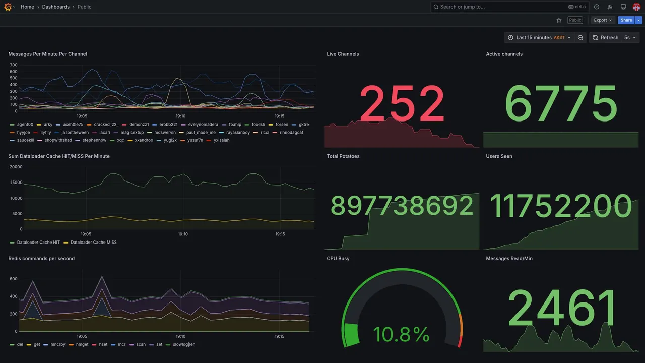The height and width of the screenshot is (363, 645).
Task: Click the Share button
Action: [x=626, y=20]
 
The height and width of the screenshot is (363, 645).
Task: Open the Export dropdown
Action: [x=603, y=20]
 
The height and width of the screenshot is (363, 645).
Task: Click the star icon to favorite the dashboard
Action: [x=559, y=20]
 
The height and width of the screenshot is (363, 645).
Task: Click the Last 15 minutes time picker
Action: [x=539, y=38]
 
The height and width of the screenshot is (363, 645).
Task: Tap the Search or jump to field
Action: [x=499, y=7]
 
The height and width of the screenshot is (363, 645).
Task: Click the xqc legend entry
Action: [x=120, y=140]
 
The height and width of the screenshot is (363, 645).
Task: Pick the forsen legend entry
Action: [x=282, y=124]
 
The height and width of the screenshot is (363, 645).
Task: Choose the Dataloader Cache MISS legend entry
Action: [x=93, y=243]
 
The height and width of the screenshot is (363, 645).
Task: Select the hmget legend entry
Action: [x=82, y=345]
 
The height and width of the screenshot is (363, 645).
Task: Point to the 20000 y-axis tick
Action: [x=16, y=167]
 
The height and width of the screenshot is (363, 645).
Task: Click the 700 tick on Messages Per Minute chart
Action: [x=14, y=65]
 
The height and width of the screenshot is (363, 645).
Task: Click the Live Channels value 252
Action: [x=402, y=104]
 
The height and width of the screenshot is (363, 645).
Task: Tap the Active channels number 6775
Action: [x=560, y=104]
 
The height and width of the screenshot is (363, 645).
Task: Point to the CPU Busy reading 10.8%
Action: [x=401, y=334]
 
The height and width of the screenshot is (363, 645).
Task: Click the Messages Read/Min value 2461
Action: [x=562, y=308]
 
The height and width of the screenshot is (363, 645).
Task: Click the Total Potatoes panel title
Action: [x=343, y=156]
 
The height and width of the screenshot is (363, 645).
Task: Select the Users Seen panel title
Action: [x=499, y=156]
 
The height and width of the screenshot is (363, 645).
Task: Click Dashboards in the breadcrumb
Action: [x=56, y=7]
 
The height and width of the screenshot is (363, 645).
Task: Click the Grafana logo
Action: [x=8, y=7]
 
